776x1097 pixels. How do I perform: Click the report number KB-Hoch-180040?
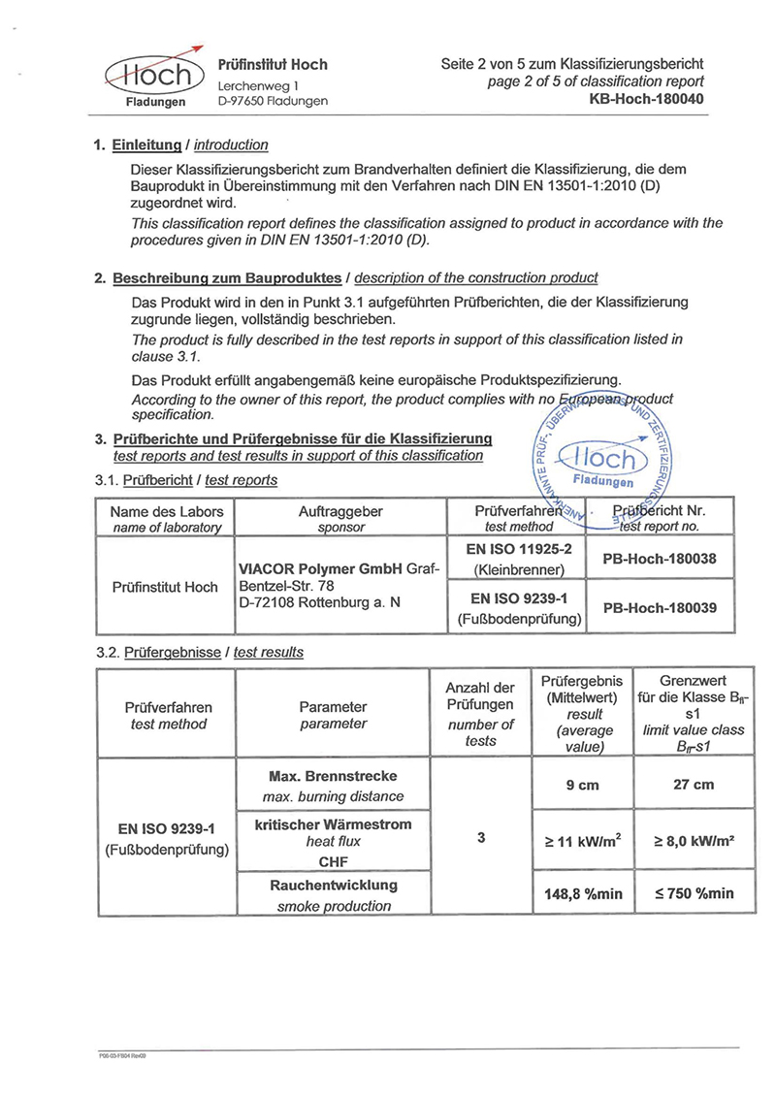point(646,100)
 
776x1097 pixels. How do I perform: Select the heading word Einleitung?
point(146,145)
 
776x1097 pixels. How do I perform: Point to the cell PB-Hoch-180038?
point(660,560)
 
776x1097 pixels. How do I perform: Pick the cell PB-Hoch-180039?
point(660,608)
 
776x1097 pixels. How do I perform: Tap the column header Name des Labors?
point(167,511)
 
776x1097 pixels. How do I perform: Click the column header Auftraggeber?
point(340,511)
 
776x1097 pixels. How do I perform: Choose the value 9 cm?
point(582,786)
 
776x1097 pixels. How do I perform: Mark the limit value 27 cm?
point(694,786)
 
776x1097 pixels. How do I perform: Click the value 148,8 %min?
point(582,894)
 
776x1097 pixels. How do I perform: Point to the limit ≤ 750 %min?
point(694,893)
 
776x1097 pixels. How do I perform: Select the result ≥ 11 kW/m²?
point(582,840)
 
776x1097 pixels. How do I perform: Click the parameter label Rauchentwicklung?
point(333,886)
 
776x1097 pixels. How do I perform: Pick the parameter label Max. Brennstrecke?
point(333,776)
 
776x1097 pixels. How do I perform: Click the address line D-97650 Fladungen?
point(273,101)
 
